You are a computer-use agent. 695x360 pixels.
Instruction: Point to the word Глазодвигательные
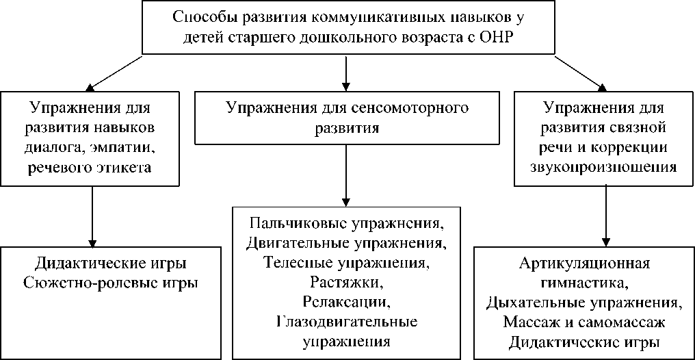(x=347, y=321)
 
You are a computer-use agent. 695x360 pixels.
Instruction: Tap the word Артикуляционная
(x=583, y=263)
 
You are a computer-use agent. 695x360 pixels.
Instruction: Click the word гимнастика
(x=584, y=282)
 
